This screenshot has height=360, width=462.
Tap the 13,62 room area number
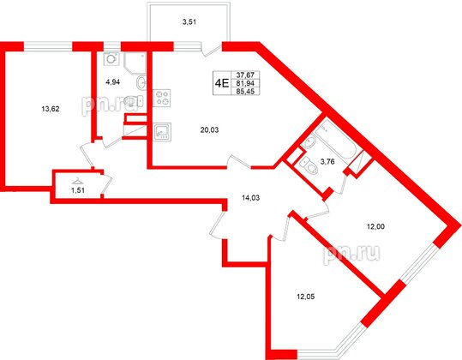pos(51,109)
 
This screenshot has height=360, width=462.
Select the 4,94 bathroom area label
pos(112,82)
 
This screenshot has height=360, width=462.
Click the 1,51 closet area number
pos(77,191)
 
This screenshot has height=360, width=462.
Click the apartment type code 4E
pos(221,83)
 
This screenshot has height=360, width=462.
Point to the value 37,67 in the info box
pos(246,75)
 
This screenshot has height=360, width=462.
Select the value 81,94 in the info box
pos(246,83)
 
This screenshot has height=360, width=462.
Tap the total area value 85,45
pos(246,92)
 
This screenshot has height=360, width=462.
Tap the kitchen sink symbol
pos(160,133)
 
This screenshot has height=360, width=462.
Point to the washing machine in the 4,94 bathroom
pos(111,60)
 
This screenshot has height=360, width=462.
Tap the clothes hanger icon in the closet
pos(77,180)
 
